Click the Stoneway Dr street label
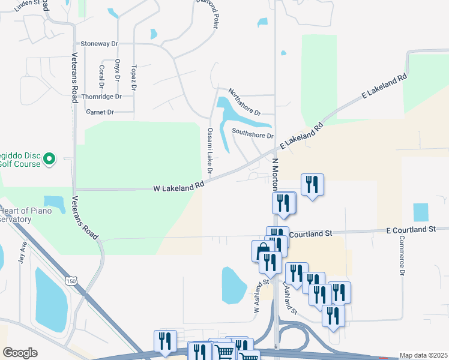tap(100, 44)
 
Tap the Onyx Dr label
tap(117, 70)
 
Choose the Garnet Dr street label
tap(100, 112)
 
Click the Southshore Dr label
tap(252, 134)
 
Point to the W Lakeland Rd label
tap(179, 188)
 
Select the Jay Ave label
tap(23, 253)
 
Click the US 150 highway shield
tap(71, 281)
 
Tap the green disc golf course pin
tap(50, 159)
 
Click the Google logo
tap(20, 353)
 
